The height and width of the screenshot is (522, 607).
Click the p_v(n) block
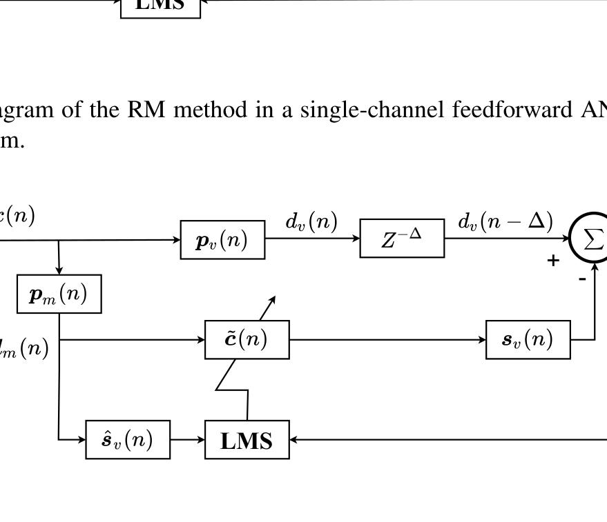(x=222, y=239)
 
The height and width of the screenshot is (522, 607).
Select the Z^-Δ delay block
(x=402, y=239)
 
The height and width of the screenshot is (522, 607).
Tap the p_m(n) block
(x=59, y=294)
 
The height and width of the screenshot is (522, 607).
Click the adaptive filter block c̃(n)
(x=247, y=339)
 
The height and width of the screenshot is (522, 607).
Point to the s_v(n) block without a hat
(x=528, y=339)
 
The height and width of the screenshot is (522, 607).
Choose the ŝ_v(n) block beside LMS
(x=127, y=439)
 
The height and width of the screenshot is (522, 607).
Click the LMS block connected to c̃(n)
(x=247, y=439)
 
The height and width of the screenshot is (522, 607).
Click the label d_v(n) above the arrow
(x=311, y=222)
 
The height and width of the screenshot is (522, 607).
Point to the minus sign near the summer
(x=581, y=277)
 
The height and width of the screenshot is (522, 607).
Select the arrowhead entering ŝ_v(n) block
(x=80, y=439)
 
